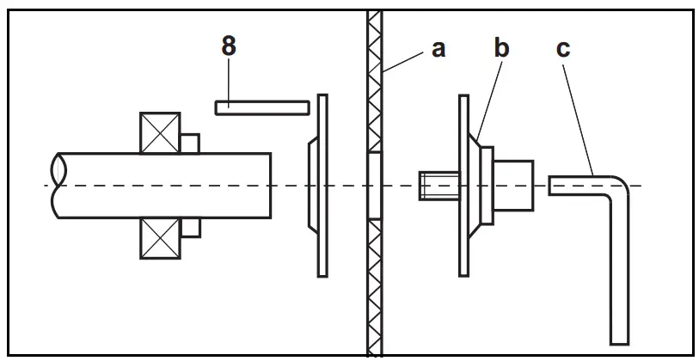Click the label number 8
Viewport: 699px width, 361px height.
click(228, 47)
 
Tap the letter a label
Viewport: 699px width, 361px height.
click(438, 49)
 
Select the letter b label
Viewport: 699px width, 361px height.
click(501, 48)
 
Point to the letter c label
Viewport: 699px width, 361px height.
click(563, 49)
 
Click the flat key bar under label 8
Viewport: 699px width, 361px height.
click(261, 107)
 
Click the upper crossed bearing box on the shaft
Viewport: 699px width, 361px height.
click(160, 132)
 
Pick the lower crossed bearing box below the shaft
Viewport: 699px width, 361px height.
click(160, 237)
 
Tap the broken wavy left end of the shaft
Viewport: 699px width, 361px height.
click(57, 185)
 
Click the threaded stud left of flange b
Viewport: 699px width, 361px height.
click(432, 186)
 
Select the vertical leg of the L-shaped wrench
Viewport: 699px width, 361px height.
click(621, 275)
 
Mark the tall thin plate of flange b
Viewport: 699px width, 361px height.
click(463, 185)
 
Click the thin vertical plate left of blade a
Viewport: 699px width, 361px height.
click(322, 185)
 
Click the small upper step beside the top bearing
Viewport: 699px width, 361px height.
click(190, 143)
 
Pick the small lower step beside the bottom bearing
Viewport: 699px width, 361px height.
click(190, 227)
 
